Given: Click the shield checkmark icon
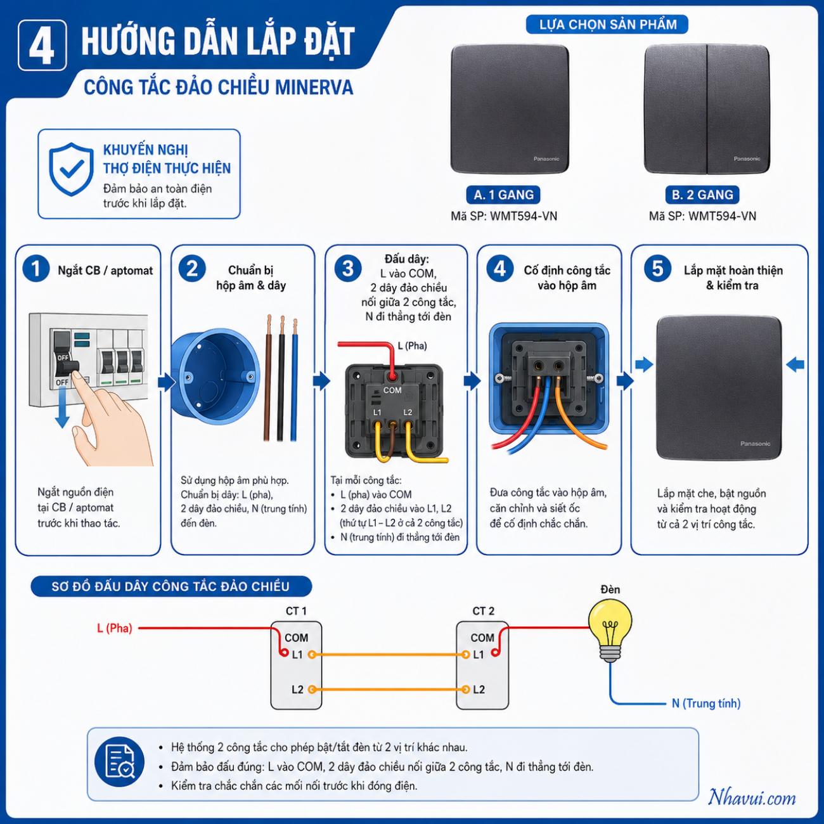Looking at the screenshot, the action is tap(71, 169).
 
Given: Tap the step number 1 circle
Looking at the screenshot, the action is tap(36, 269).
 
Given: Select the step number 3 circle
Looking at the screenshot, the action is tap(348, 269).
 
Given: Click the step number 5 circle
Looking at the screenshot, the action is tap(658, 269).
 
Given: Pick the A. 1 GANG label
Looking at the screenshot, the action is tap(503, 195).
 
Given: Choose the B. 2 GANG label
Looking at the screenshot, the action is tap(702, 195).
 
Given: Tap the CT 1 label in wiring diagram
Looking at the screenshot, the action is tap(296, 611).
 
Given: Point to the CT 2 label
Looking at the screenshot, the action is tap(483, 611).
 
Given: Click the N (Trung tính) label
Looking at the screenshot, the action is tap(706, 704).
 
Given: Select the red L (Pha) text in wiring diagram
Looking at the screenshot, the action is tap(115, 628).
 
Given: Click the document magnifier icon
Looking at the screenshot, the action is tap(120, 762).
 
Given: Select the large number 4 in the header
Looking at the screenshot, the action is tap(42, 46).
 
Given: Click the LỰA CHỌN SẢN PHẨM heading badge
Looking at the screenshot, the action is tap(607, 24).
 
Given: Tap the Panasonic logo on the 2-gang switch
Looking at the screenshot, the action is tap(747, 158).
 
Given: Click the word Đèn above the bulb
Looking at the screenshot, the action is tap(610, 589).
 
